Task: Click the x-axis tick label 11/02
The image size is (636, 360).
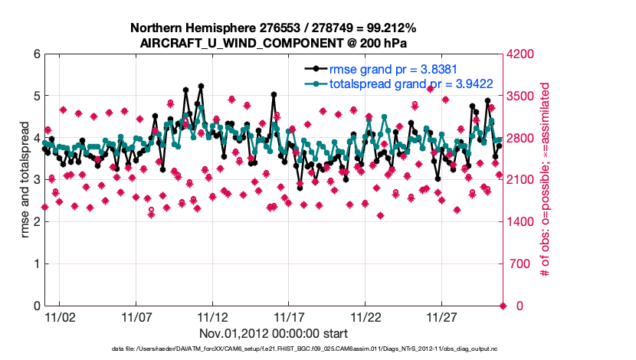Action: pos(60,316)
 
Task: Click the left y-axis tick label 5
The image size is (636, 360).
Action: pos(35,97)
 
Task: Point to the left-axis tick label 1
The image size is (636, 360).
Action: pos(35,264)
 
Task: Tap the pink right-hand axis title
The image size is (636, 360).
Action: pos(546,180)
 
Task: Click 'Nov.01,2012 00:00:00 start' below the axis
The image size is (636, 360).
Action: pos(274,333)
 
